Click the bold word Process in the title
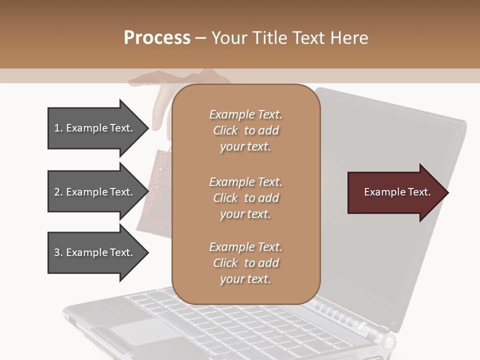click(x=157, y=37)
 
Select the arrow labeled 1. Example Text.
click(x=95, y=128)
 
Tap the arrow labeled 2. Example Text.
click(x=95, y=192)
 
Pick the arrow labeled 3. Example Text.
click(x=95, y=252)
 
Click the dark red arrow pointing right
click(x=395, y=192)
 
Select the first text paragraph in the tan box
click(x=245, y=130)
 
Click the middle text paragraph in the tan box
click(x=245, y=198)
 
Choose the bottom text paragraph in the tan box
click(x=245, y=263)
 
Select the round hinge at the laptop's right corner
click(x=388, y=342)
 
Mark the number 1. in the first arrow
click(x=58, y=128)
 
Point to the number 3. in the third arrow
click(x=58, y=252)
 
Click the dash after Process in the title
click(x=201, y=38)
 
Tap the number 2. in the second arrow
click(x=58, y=192)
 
